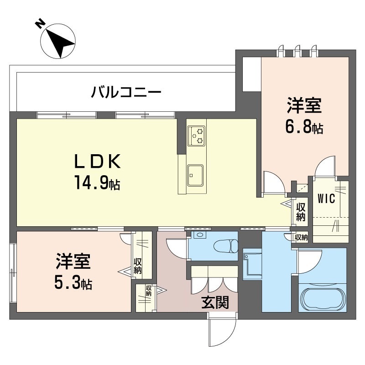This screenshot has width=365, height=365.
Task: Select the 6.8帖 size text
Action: (304, 127)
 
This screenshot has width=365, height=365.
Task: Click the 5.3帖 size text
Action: (73, 283)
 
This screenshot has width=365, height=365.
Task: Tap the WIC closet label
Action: (327, 198)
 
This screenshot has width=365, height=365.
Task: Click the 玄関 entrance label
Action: (215, 302)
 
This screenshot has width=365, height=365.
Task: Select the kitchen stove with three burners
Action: (197, 135)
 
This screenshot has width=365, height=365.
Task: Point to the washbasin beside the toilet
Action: (199, 235)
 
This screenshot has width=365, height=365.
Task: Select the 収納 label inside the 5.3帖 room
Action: (137, 266)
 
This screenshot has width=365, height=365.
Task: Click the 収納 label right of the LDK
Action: (300, 212)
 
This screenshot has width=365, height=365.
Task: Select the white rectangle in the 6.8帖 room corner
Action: (251, 74)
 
